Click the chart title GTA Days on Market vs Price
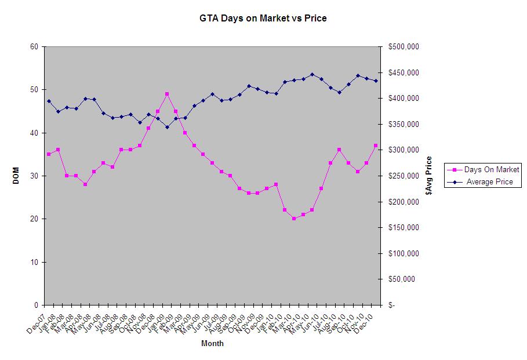pyautogui.click(x=263, y=19)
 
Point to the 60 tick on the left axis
pyautogui.click(x=34, y=47)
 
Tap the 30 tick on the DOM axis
pyautogui.click(x=34, y=176)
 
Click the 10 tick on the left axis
pyautogui.click(x=34, y=262)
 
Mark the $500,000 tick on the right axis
pyautogui.click(x=404, y=47)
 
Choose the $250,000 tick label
pyautogui.click(x=404, y=176)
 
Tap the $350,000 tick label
pyautogui.click(x=404, y=125)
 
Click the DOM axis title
pyautogui.click(x=16, y=176)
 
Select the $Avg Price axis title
pyautogui.click(x=429, y=176)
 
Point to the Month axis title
pyautogui.click(x=212, y=343)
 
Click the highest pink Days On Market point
pyautogui.click(x=167, y=94)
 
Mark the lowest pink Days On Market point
pyautogui.click(x=294, y=219)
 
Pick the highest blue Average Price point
pyautogui.click(x=312, y=74)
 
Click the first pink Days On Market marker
pyautogui.click(x=49, y=154)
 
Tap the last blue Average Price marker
pyautogui.click(x=376, y=81)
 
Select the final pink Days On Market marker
pyautogui.click(x=376, y=146)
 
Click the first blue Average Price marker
pyautogui.click(x=49, y=101)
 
